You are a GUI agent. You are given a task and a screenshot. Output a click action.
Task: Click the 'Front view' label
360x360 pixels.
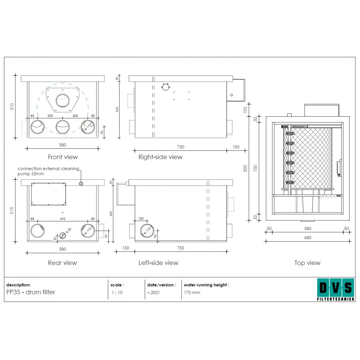pyautogui.click(x=63, y=157)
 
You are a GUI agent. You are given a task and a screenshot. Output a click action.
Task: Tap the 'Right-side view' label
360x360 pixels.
pyautogui.click(x=160, y=157)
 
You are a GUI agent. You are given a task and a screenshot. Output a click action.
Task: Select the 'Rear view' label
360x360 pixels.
pyautogui.click(x=62, y=263)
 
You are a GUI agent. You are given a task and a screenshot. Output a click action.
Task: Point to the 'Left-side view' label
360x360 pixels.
pyautogui.click(x=158, y=263)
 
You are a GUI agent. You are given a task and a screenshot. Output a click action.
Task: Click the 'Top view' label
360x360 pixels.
pyautogui.click(x=307, y=263)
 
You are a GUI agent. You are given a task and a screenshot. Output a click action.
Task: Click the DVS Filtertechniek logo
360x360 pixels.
pyautogui.click(x=336, y=289)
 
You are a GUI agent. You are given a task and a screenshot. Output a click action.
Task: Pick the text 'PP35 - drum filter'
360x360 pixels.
pyautogui.click(x=31, y=292)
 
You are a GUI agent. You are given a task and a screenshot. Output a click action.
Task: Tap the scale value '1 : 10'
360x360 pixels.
pyautogui.click(x=117, y=292)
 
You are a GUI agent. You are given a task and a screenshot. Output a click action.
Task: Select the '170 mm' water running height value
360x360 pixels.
pyautogui.click(x=192, y=292)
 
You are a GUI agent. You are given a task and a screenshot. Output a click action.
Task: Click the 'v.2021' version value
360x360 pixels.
pyautogui.click(x=153, y=292)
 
